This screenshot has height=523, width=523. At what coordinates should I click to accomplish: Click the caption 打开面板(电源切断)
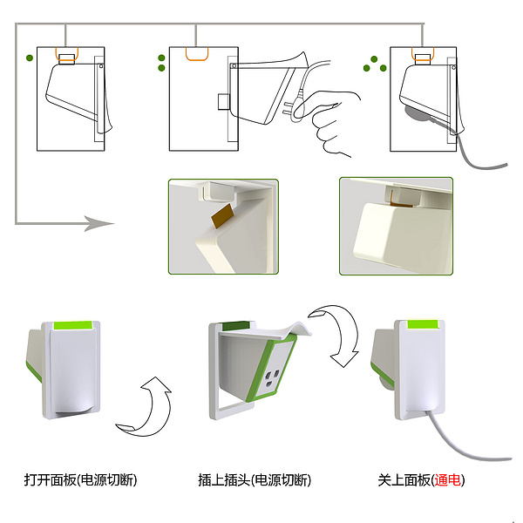coord(80,480)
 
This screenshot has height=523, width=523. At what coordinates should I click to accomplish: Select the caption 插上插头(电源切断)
coord(255,480)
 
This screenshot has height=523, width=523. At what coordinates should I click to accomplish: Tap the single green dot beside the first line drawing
coord(30,58)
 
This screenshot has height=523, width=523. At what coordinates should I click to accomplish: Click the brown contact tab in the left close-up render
coord(223,216)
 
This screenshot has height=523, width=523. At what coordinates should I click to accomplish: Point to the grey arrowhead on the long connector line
coord(99,223)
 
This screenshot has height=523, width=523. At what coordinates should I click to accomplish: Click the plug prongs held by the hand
coord(288,109)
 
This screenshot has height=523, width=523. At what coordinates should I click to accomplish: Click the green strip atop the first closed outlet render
coord(72,325)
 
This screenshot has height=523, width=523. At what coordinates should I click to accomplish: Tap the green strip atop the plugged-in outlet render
coord(423,324)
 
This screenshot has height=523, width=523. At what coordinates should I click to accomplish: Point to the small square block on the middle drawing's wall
coord(224,102)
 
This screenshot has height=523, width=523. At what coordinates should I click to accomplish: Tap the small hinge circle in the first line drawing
coord(101,66)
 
